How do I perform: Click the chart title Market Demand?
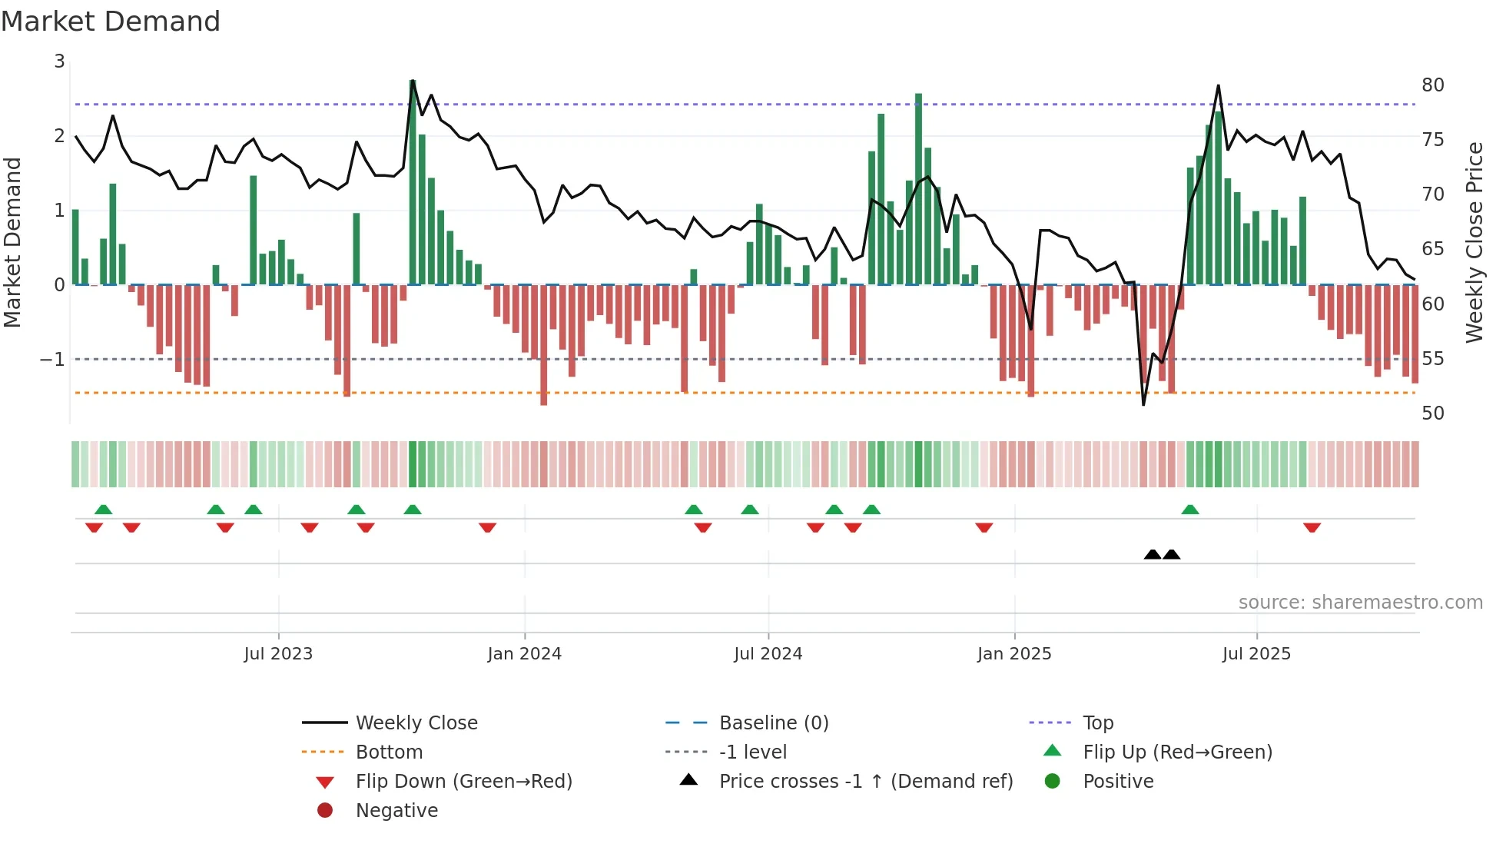tap(111, 22)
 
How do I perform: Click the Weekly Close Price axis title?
tap(1474, 242)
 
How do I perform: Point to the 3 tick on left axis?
tap(59, 61)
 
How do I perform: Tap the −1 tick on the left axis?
tap(52, 359)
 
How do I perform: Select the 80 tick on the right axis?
tap(1432, 85)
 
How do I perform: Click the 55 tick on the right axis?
tap(1432, 358)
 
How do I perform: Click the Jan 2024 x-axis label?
tap(524, 654)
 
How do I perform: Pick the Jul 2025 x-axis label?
tap(1256, 654)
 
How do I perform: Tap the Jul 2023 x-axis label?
tap(278, 654)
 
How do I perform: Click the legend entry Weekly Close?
tap(416, 722)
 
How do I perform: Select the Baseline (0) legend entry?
tap(774, 722)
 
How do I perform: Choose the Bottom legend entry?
tap(389, 752)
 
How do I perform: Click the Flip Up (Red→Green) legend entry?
tap(1177, 752)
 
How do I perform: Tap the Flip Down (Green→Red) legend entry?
tap(463, 781)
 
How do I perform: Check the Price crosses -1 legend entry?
tap(865, 781)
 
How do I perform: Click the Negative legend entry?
tap(396, 810)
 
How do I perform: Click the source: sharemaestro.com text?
tap(1360, 602)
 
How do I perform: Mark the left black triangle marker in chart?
tap(1153, 554)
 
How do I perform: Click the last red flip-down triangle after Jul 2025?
tap(1312, 527)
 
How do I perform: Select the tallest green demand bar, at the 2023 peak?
tap(413, 184)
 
